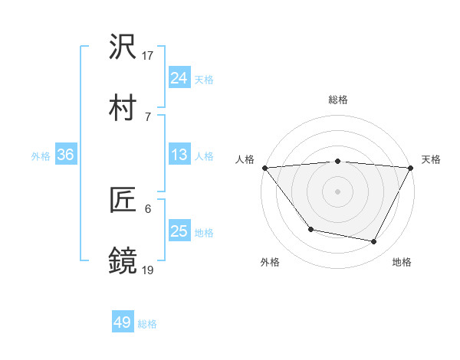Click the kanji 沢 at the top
(x=123, y=48)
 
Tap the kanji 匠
(x=123, y=201)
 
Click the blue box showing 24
(x=179, y=77)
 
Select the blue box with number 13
(x=179, y=155)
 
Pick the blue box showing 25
(x=179, y=231)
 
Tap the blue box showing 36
(x=66, y=155)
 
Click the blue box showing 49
(x=122, y=322)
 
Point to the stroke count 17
(x=148, y=56)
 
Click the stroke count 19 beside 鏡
(x=148, y=269)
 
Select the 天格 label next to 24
(x=204, y=79)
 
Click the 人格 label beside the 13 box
(x=204, y=156)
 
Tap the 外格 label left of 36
(x=41, y=156)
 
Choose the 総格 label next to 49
(x=147, y=324)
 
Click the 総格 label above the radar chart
(x=337, y=100)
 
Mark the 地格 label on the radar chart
(x=402, y=262)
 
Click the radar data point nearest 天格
(x=411, y=168)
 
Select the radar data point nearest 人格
(x=264, y=168)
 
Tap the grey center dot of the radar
(x=337, y=191)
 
